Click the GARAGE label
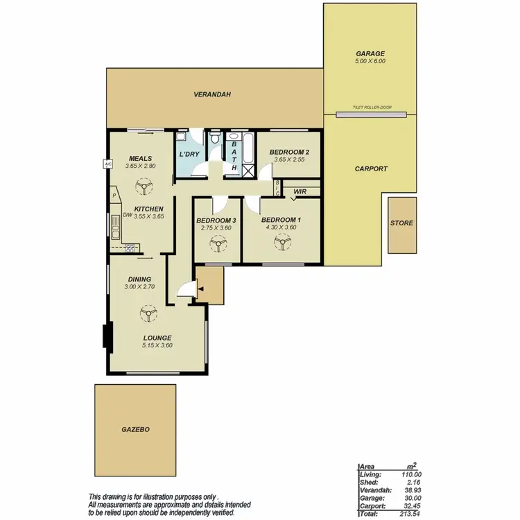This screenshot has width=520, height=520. click(x=370, y=53)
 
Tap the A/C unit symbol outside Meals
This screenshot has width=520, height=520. click(x=107, y=164)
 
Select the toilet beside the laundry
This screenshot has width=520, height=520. click(x=216, y=140)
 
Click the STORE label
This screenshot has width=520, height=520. click(x=401, y=223)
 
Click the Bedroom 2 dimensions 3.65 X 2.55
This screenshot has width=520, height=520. click(x=288, y=159)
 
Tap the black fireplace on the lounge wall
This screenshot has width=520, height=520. click(x=106, y=337)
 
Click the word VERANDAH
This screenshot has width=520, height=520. click(x=211, y=94)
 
